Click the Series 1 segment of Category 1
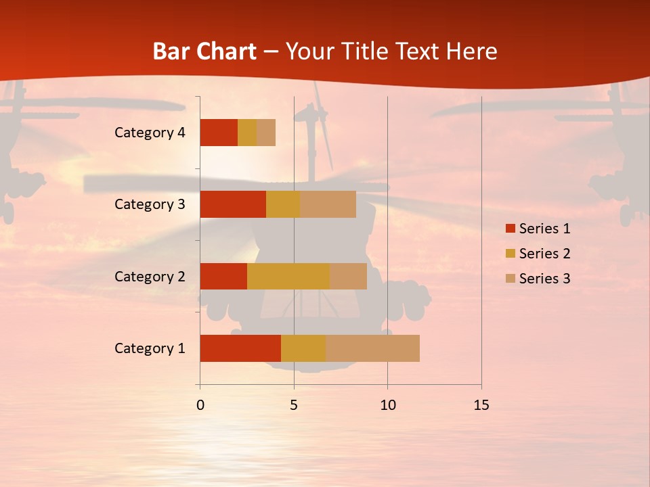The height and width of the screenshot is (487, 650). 240,348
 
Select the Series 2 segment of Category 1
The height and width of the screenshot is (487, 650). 303,348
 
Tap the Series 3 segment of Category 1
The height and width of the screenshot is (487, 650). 372,348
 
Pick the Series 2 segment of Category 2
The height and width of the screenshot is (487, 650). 288,276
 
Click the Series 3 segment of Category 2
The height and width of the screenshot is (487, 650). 348,276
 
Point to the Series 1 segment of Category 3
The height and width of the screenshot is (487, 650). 233,204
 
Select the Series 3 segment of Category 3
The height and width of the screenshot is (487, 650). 328,204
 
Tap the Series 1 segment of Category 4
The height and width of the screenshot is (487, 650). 219,133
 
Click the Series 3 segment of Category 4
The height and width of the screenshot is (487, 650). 266,133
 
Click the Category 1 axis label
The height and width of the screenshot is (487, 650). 150,348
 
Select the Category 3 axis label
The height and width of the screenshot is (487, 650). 150,204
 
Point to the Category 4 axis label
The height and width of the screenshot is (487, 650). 150,133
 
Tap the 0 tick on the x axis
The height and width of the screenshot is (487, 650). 200,405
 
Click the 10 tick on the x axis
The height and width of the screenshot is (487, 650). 387,405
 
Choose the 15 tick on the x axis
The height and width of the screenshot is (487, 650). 481,405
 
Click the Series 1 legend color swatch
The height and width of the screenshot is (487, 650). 511,229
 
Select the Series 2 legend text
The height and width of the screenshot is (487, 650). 544,254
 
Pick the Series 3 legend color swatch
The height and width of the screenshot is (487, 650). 511,279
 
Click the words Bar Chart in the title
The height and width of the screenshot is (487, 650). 204,51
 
